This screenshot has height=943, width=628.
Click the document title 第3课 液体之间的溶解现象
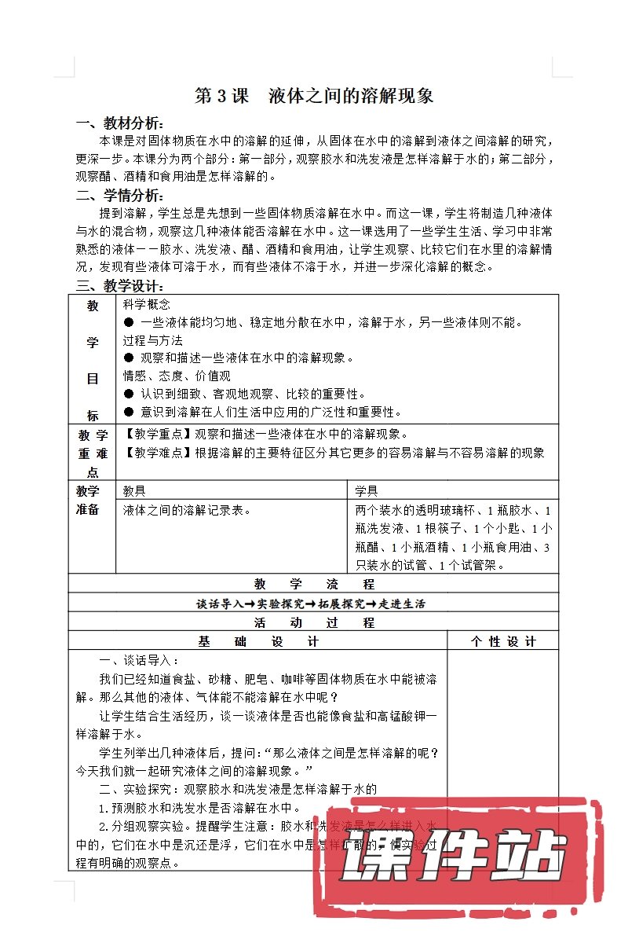point(314,97)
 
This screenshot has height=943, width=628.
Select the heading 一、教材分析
point(120,123)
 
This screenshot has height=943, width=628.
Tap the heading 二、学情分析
point(120,195)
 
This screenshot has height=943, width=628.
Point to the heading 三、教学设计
point(120,286)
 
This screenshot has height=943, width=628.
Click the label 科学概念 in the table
point(147,304)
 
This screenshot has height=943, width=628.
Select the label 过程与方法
point(152,340)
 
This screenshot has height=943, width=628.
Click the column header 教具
point(134,491)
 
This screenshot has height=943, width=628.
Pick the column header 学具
point(367,491)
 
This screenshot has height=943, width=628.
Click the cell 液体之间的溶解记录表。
point(187,510)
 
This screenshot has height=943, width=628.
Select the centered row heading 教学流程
point(314,584)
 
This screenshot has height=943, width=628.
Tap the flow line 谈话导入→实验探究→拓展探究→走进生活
point(314,604)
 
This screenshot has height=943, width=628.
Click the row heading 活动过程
point(314,622)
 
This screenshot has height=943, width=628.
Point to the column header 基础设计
point(258,641)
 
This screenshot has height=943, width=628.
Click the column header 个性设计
point(503,641)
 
